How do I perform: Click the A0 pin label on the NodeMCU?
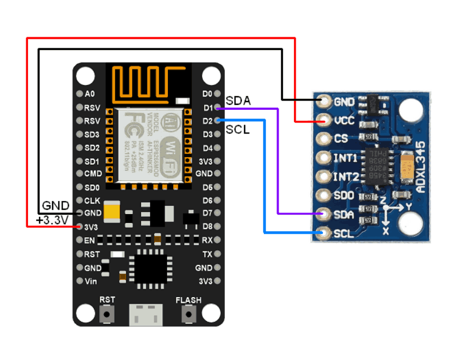[x=90, y=94]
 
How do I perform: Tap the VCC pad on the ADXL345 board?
[x=324, y=120]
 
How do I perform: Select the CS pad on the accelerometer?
[x=324, y=139]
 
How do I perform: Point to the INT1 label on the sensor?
[x=346, y=159]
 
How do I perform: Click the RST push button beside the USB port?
[x=107, y=315]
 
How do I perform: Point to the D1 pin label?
[x=207, y=108]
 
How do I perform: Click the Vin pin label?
[x=91, y=281]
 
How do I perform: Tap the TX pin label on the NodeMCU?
[x=207, y=254]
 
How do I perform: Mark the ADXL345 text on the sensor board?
[x=421, y=171]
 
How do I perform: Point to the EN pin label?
[x=90, y=240]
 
